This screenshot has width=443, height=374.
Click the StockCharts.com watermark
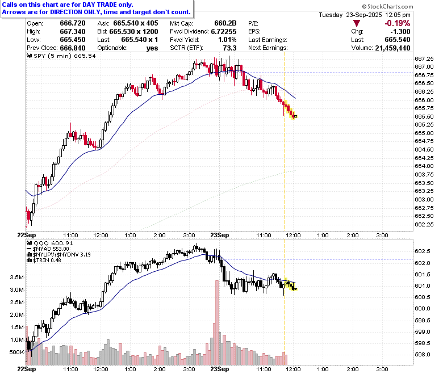(387, 6)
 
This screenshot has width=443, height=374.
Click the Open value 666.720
(73, 23)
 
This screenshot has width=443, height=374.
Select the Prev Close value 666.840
(73, 48)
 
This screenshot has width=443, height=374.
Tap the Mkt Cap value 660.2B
(225, 23)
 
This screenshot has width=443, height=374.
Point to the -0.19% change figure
(397, 23)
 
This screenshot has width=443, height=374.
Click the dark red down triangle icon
(357, 23)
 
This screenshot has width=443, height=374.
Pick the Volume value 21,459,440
(392, 48)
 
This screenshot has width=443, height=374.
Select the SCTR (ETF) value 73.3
(229, 48)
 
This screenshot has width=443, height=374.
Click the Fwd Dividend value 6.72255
(224, 32)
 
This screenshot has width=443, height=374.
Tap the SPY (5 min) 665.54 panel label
(61, 56)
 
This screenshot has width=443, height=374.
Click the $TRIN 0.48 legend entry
(44, 260)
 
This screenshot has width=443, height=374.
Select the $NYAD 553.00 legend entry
(48, 249)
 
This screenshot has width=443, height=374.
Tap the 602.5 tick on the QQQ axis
(423, 251)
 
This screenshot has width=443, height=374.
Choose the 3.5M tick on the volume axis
(16, 277)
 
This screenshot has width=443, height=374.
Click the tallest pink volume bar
(217, 322)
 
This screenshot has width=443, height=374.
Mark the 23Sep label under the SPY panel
(220, 235)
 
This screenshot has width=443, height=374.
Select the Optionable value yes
(152, 48)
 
